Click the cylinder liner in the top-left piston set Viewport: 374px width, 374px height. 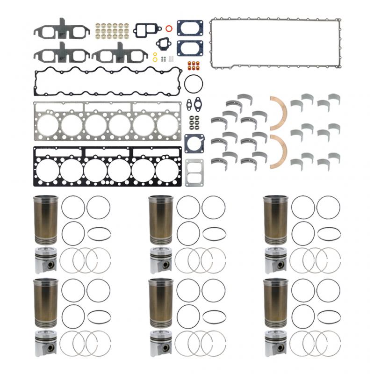[x=45, y=217]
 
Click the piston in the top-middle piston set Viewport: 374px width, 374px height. [x=160, y=260]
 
